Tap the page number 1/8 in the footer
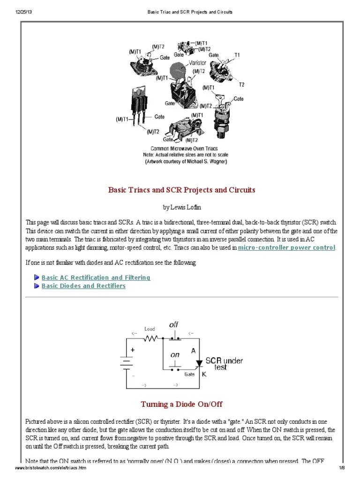click(x=342, y=469)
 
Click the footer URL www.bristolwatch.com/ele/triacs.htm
click(x=51, y=469)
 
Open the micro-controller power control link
click(x=286, y=247)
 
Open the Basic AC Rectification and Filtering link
click(x=96, y=277)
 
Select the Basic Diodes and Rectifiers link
click(x=83, y=285)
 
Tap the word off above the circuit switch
click(x=173, y=324)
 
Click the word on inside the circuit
click(x=175, y=355)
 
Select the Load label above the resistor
click(x=150, y=329)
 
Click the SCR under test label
click(x=221, y=364)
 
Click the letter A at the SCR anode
click(x=193, y=350)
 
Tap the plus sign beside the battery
click(x=133, y=350)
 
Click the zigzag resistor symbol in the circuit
click(x=150, y=337)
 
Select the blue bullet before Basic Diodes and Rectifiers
click(x=37, y=286)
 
